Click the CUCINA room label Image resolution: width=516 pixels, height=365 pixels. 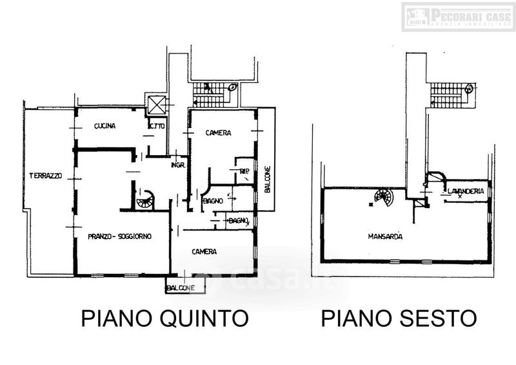[104, 126]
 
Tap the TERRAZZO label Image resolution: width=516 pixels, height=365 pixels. [45, 176]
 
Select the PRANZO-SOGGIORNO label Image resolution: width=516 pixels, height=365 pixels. [120, 236]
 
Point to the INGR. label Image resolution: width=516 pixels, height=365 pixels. [179, 165]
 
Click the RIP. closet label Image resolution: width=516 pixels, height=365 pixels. [244, 171]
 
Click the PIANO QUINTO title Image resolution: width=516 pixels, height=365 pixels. [164, 318]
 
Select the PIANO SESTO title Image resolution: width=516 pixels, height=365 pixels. [399, 318]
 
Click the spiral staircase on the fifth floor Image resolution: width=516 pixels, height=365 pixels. [146, 200]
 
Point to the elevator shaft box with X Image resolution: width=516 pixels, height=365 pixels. [156, 105]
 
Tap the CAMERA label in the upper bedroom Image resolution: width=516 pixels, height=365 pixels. [218, 133]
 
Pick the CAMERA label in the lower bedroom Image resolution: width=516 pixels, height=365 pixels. [203, 251]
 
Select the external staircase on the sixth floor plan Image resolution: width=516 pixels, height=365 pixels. [447, 96]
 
